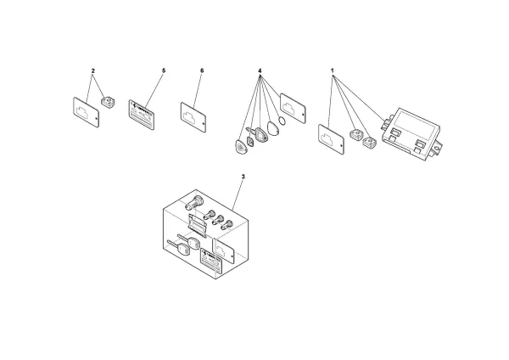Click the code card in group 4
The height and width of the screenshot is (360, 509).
point(294,106)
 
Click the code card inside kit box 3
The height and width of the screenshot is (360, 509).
point(224,247)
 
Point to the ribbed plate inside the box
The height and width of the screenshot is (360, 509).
point(198,225)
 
